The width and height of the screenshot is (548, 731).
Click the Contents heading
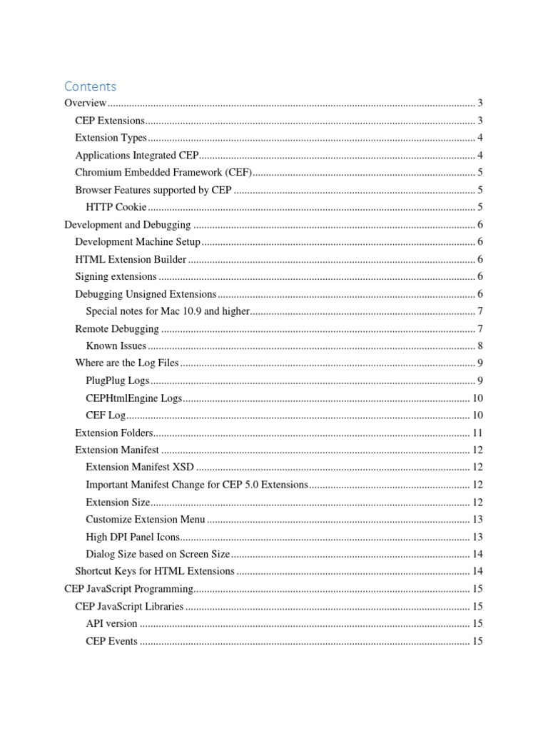click(90, 86)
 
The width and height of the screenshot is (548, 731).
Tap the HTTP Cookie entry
click(116, 207)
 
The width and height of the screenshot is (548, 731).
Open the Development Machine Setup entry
click(138, 242)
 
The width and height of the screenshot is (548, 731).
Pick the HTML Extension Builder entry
click(131, 259)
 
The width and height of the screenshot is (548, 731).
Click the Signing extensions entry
click(116, 276)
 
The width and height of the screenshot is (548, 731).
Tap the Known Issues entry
click(116, 346)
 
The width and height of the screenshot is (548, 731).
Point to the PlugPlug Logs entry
click(118, 380)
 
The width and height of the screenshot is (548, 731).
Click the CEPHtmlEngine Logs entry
click(133, 398)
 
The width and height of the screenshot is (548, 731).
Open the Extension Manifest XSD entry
click(140, 467)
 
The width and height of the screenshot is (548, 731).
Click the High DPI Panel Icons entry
click(133, 537)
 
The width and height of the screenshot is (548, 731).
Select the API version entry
click(111, 623)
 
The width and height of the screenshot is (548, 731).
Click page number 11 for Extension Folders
click(477, 433)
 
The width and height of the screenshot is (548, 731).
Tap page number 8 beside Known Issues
click(480, 346)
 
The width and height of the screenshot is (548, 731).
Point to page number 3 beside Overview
click(480, 104)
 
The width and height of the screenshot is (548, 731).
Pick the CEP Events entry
click(111, 640)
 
